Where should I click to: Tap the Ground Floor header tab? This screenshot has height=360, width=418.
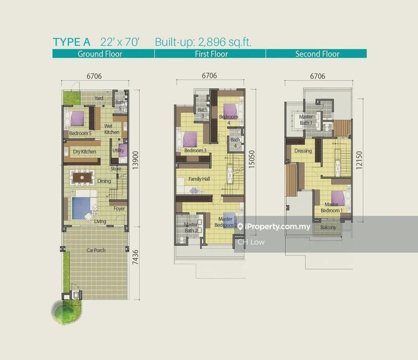[100, 54]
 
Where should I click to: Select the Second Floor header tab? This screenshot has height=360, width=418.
[317, 54]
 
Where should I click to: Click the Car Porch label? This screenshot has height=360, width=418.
[96, 250]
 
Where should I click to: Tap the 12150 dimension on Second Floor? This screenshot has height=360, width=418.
[360, 156]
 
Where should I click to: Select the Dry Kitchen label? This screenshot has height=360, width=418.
[84, 152]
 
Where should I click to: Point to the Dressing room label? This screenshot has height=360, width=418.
[303, 151]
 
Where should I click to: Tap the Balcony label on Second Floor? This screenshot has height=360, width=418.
[328, 228]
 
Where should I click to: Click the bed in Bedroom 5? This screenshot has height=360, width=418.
[77, 119]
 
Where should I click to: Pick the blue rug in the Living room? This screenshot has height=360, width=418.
[81, 207]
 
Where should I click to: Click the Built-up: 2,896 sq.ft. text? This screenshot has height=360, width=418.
[203, 42]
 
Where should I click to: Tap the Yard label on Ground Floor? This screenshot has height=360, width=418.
[98, 98]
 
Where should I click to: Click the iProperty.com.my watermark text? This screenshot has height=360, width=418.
[277, 227]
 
